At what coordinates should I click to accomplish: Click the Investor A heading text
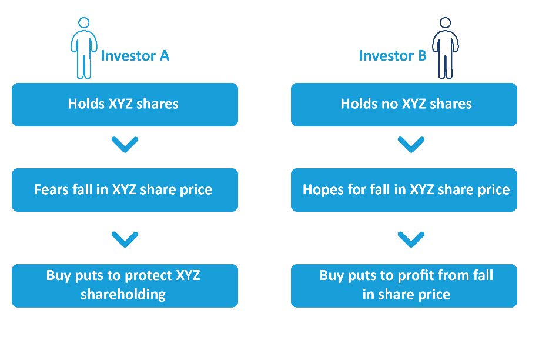pos(135,56)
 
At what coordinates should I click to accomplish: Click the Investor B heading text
pos(393,56)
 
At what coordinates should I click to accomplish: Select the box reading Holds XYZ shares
pos(125,105)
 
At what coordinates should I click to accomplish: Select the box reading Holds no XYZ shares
pos(404,105)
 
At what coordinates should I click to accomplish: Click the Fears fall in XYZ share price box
pos(125,190)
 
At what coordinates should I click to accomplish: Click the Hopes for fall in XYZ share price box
pos(404,190)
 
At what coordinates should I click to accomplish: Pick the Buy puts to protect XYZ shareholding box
pos(125,286)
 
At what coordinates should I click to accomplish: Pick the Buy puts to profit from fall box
pos(404,286)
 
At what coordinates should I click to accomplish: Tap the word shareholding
pos(123,295)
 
